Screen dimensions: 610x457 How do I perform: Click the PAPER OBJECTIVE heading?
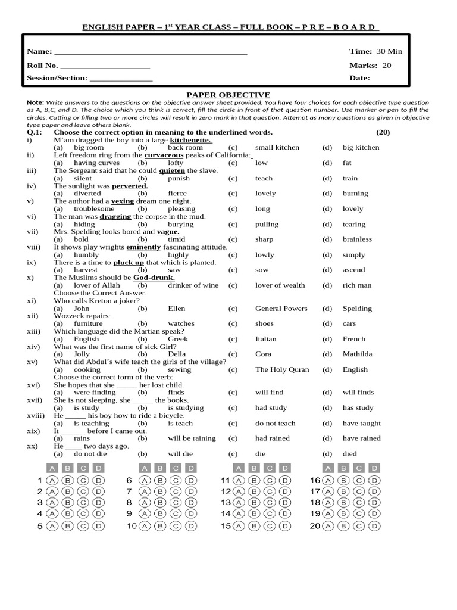click(228, 95)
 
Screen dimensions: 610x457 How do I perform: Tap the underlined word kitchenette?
click(191, 139)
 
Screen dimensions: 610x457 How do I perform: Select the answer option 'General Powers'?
click(281, 309)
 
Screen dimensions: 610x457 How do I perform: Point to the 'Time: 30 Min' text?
click(375, 51)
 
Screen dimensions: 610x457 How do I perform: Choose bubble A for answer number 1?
click(52, 480)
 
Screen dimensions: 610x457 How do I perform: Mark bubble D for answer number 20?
click(374, 526)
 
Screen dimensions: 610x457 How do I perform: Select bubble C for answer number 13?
click(270, 503)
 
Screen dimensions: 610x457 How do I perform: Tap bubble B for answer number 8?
click(159, 503)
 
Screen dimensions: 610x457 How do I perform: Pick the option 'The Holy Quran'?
click(282, 369)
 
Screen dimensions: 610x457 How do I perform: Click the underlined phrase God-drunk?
click(154, 278)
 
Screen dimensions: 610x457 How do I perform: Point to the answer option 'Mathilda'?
click(357, 354)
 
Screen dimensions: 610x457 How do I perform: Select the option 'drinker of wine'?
click(193, 285)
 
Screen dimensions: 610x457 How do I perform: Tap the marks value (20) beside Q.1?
click(383, 132)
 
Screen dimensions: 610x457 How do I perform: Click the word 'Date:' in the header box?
click(359, 78)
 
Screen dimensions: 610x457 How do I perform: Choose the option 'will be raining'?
click(192, 438)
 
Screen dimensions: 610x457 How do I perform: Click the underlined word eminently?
click(143, 247)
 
